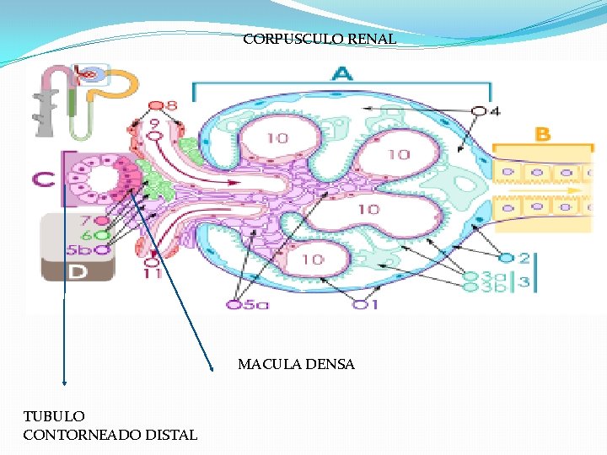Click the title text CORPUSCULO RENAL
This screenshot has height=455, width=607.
[x=320, y=39]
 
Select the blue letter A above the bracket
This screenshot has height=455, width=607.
[x=341, y=74]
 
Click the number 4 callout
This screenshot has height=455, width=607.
[x=486, y=110]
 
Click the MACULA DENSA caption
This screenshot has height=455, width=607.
[x=296, y=365]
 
